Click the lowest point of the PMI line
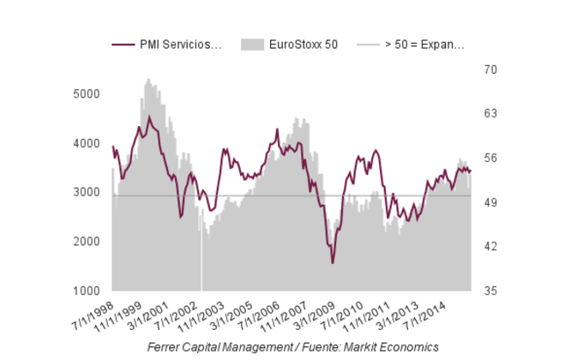point(333,263)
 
